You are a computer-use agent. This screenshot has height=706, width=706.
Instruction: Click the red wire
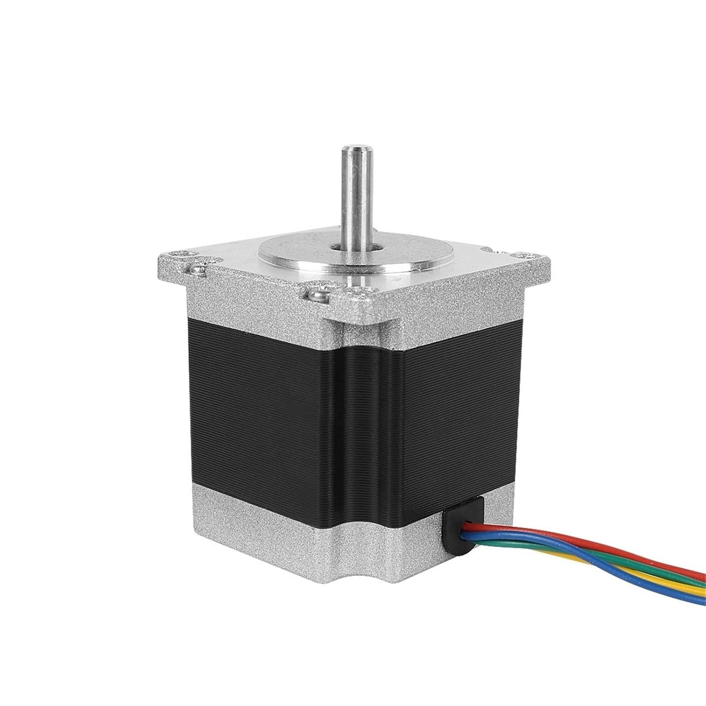pos(588,546)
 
